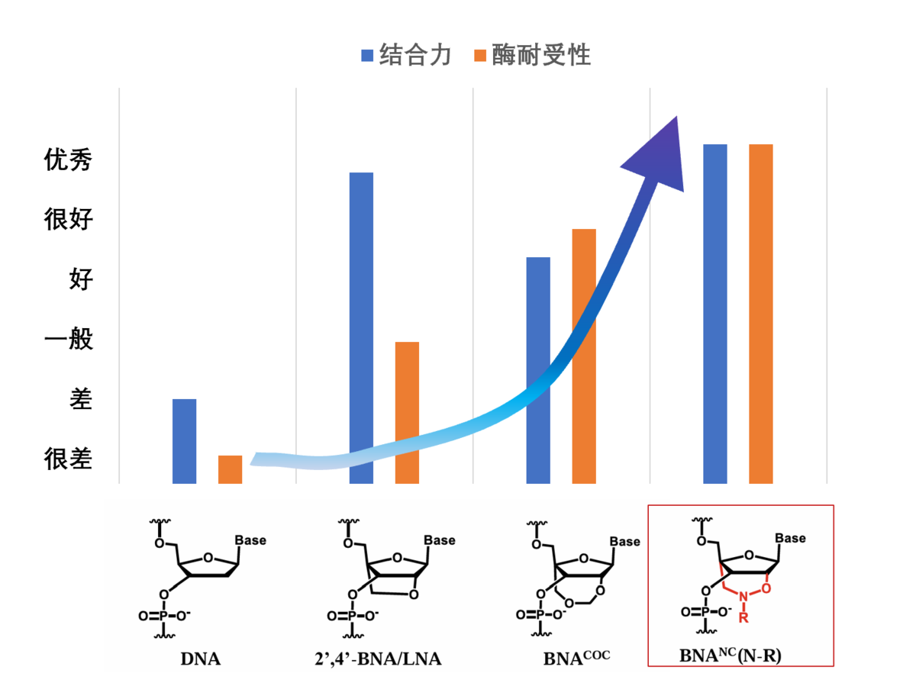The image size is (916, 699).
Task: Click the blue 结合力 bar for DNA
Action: pyautogui.click(x=185, y=441)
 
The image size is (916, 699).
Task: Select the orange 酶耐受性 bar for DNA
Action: pyautogui.click(x=230, y=469)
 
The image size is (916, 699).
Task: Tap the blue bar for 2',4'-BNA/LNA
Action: pyautogui.click(x=361, y=328)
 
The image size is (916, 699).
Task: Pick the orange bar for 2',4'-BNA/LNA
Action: pyautogui.click(x=407, y=413)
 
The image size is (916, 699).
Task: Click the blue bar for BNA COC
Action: pyautogui.click(x=538, y=370)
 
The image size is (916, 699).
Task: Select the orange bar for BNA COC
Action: pyautogui.click(x=584, y=356)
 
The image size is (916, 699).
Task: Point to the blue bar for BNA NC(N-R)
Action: pyautogui.click(x=715, y=314)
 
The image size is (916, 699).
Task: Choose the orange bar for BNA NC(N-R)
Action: pyautogui.click(x=761, y=314)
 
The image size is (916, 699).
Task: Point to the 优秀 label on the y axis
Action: pyautogui.click(x=69, y=160)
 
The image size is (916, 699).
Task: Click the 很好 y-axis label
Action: pyautogui.click(x=69, y=220)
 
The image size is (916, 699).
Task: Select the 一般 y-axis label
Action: pyautogui.click(x=69, y=340)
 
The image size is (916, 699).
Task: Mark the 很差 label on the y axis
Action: pyautogui.click(x=69, y=459)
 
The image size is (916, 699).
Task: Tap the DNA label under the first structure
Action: pyautogui.click(x=201, y=659)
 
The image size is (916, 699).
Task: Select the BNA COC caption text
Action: pyautogui.click(x=576, y=657)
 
